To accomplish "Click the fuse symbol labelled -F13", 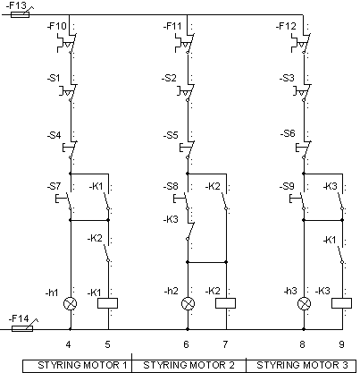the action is pyautogui.click(x=20, y=14).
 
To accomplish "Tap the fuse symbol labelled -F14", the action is pyautogui.click(x=22, y=328).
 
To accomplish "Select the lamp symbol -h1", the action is pyautogui.click(x=71, y=304).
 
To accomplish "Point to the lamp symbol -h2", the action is pyautogui.click(x=188, y=304).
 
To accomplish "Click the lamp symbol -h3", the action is pyautogui.click(x=304, y=304).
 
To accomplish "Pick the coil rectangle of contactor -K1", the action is pyautogui.click(x=108, y=303).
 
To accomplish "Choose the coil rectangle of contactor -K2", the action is pyautogui.click(x=225, y=303).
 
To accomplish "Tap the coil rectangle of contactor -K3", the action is pyautogui.click(x=341, y=303).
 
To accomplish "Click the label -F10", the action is pyautogui.click(x=57, y=26).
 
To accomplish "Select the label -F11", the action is pyautogui.click(x=172, y=26).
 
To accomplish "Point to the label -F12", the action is pyautogui.click(x=286, y=26).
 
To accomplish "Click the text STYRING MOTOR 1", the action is pyautogui.click(x=82, y=365).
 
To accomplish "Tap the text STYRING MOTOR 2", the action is pyautogui.click(x=188, y=365).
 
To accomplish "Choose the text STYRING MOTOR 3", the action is pyautogui.click(x=302, y=365).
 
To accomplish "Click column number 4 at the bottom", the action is pyautogui.click(x=69, y=344).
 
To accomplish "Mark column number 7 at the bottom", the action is pyautogui.click(x=225, y=344).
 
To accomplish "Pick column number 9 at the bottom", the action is pyautogui.click(x=341, y=344).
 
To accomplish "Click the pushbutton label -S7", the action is pyautogui.click(x=54, y=186).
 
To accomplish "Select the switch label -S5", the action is pyautogui.click(x=171, y=135).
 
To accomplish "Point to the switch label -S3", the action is pyautogui.click(x=287, y=78).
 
